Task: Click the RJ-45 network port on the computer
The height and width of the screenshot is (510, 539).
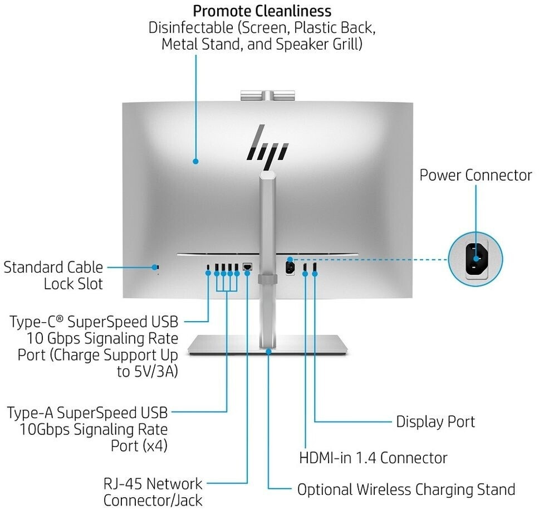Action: (248, 267)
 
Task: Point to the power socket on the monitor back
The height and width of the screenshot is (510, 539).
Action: (290, 268)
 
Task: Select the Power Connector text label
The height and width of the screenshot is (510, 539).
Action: (476, 175)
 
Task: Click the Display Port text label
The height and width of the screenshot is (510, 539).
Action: (435, 421)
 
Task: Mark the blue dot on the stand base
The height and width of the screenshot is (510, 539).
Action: (269, 351)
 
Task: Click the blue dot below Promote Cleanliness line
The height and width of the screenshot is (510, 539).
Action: (196, 162)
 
